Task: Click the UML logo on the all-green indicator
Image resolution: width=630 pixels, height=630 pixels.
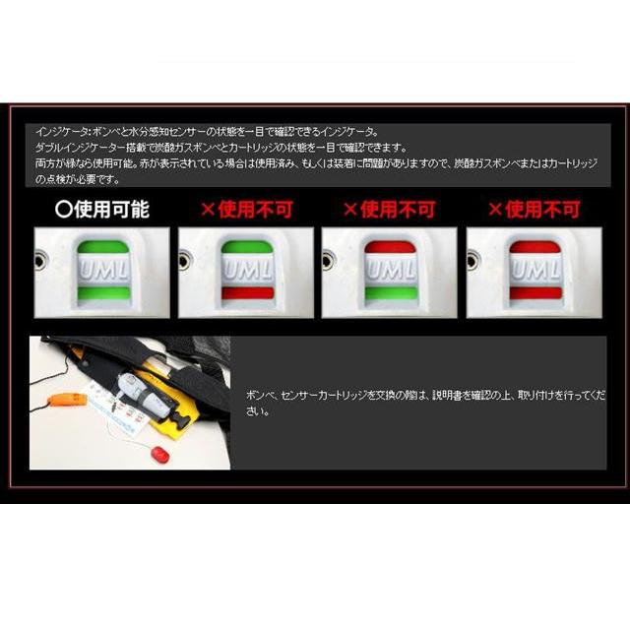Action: (102, 269)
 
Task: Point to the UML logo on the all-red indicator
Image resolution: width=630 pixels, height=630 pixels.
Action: (535, 269)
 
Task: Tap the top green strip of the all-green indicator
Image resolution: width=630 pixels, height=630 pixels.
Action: (102, 246)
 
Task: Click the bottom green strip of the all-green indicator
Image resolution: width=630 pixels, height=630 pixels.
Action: (102, 292)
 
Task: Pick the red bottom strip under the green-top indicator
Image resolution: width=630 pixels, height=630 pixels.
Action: (247, 292)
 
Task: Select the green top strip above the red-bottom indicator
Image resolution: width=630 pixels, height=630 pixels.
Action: (247, 246)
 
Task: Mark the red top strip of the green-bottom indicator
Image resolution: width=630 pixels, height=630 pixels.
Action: (391, 246)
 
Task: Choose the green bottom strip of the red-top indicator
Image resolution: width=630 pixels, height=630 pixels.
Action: (391, 292)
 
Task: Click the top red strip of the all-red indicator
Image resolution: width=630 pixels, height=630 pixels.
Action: (535, 246)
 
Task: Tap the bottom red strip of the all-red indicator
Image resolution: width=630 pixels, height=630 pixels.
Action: (535, 292)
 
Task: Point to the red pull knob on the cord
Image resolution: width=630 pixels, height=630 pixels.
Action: (160, 456)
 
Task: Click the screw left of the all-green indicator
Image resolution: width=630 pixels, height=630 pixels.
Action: (40, 262)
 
